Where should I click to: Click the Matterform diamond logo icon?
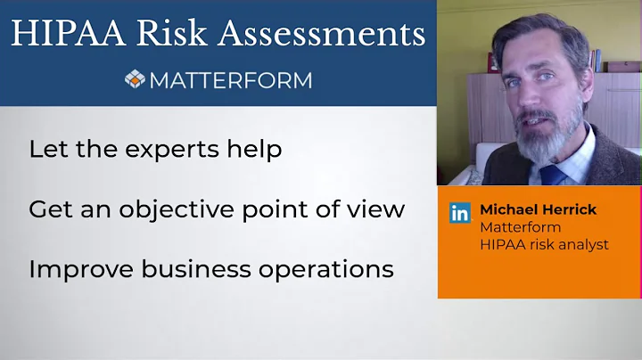pyautogui.click(x=135, y=79)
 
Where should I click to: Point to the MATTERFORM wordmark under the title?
pyautogui.click(x=231, y=80)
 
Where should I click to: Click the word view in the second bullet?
pyautogui.click(x=380, y=209)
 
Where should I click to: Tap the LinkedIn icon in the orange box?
pyautogui.click(x=460, y=212)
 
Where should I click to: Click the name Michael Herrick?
pyautogui.click(x=538, y=209)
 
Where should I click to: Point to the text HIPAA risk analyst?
pyautogui.click(x=544, y=244)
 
